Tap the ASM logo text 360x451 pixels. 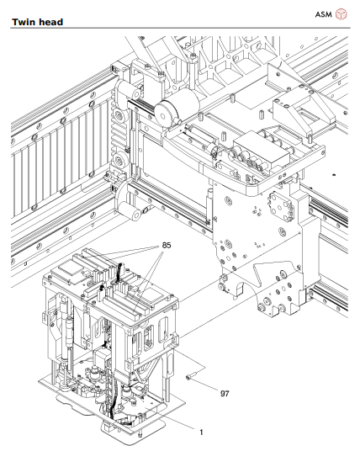point(324,13)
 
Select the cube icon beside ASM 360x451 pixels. point(341,13)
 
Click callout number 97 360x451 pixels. point(225,393)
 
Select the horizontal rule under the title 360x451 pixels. point(180,28)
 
